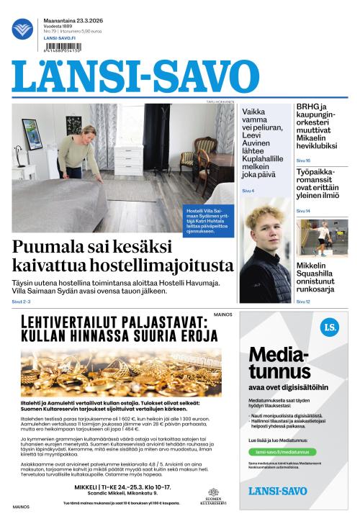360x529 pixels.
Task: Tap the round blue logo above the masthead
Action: (23, 30)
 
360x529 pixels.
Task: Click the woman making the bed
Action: (78, 150)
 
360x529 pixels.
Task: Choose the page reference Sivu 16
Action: (303, 160)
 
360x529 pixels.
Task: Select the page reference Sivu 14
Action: (303, 211)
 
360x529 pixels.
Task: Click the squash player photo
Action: (320, 238)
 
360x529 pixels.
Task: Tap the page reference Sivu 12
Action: (303, 301)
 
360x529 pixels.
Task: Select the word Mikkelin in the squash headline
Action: (315, 266)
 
